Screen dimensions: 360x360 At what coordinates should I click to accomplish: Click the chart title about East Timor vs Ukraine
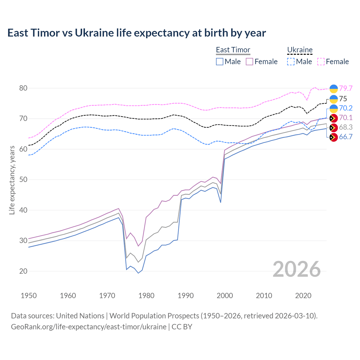[x=136, y=33]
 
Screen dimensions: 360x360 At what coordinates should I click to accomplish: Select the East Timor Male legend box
[x=220, y=62]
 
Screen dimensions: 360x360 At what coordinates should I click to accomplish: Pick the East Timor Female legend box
[x=249, y=62]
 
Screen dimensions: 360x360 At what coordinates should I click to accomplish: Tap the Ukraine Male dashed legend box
[x=291, y=62]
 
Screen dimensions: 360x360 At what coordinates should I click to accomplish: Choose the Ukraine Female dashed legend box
[x=321, y=62]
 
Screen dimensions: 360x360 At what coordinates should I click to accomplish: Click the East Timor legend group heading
[x=233, y=50]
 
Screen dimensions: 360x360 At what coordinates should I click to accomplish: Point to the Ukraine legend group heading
[x=300, y=50]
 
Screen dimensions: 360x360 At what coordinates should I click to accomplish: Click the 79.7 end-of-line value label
[x=346, y=88]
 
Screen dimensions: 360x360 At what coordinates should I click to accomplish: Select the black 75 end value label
[x=343, y=99]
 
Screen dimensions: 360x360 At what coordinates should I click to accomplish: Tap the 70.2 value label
[x=346, y=108]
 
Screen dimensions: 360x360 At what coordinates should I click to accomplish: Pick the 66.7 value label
[x=346, y=137]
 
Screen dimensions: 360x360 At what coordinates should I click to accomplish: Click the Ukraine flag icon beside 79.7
[x=334, y=89]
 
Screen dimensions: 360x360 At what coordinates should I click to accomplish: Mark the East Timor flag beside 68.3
[x=334, y=128]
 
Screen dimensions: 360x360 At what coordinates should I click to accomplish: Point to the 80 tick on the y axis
[x=23, y=88]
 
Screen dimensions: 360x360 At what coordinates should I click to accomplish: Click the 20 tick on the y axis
[x=23, y=271]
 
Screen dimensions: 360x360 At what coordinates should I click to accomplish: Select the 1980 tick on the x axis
[x=146, y=296]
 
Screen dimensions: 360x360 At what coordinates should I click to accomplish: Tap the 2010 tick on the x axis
[x=264, y=296]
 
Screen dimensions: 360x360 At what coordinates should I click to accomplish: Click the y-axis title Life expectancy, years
[x=12, y=180]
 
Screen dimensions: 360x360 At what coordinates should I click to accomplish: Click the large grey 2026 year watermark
[x=296, y=269]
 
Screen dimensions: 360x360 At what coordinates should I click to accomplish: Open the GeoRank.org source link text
[x=89, y=327]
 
